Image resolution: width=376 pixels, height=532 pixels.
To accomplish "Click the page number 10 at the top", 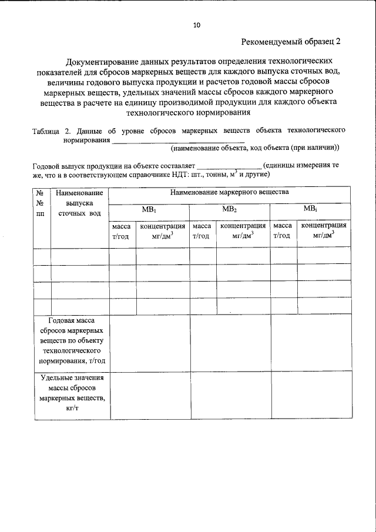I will click(196, 25).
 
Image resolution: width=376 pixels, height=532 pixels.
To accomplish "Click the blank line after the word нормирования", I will click(170, 141).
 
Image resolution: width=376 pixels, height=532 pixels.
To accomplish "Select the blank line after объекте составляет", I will click(229, 167).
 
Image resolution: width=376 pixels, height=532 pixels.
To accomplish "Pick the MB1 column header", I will click(149, 209).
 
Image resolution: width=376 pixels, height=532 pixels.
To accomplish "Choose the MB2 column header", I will click(229, 209).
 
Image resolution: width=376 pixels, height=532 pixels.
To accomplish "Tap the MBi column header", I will click(310, 209).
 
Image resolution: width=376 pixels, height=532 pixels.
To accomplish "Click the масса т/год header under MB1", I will click(122, 231).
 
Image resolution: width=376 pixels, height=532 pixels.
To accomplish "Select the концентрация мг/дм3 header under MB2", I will click(243, 231).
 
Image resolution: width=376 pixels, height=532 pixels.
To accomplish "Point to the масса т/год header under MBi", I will click(283, 231).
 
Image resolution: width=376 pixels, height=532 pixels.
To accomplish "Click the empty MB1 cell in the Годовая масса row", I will click(149, 342).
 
